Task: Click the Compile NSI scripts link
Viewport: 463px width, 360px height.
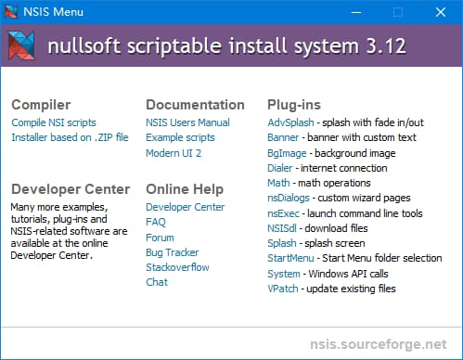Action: (x=54, y=122)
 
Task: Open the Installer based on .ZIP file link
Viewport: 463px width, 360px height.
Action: (x=70, y=137)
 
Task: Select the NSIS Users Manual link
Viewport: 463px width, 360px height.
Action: (x=187, y=122)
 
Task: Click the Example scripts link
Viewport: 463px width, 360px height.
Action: (x=181, y=137)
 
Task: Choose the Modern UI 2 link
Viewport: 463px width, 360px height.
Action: (x=174, y=153)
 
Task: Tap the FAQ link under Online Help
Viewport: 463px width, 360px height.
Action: (x=156, y=223)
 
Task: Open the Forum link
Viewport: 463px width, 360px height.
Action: (x=160, y=238)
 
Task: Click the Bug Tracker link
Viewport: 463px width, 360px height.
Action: (x=172, y=252)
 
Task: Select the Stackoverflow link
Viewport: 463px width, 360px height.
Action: (x=177, y=267)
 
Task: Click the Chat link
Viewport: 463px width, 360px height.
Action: (x=157, y=282)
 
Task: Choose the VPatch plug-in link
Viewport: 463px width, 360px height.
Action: (x=284, y=289)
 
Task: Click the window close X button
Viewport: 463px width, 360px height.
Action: (x=441, y=12)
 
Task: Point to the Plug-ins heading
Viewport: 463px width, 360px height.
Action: (x=295, y=105)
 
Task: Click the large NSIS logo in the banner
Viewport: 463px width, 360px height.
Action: (x=22, y=46)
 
